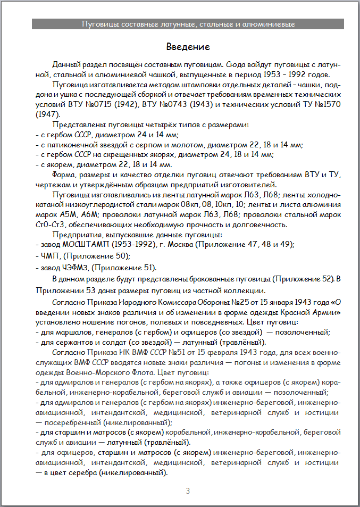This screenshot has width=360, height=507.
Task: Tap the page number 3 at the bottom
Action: [188, 491]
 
